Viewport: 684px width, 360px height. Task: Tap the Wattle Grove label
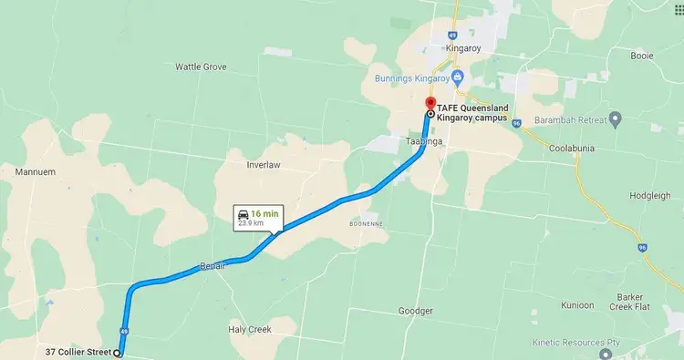201,67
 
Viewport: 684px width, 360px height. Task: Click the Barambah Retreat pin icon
616,118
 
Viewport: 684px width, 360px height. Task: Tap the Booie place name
641,56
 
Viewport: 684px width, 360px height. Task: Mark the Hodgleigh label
649,196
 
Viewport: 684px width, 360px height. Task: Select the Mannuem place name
37,170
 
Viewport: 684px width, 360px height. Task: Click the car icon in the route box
242,212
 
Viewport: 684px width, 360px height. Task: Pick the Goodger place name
416,311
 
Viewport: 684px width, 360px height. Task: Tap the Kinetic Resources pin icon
617,343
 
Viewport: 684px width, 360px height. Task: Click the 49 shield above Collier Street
123,330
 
